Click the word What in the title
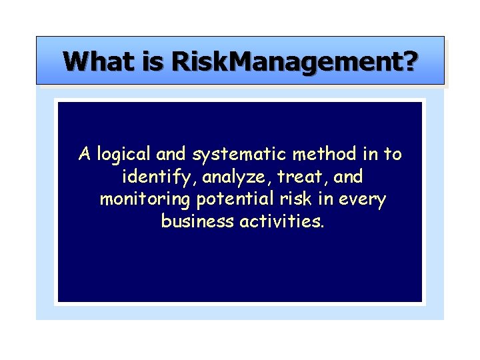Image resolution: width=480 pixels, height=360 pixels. coord(99,61)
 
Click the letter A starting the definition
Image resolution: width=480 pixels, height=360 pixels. coord(84,154)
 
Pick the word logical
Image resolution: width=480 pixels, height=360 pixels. coord(124,155)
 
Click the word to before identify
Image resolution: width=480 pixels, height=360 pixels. coord(392,155)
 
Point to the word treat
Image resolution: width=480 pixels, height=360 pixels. coord(295,177)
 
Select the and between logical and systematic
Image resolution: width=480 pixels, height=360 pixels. coord(171,154)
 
